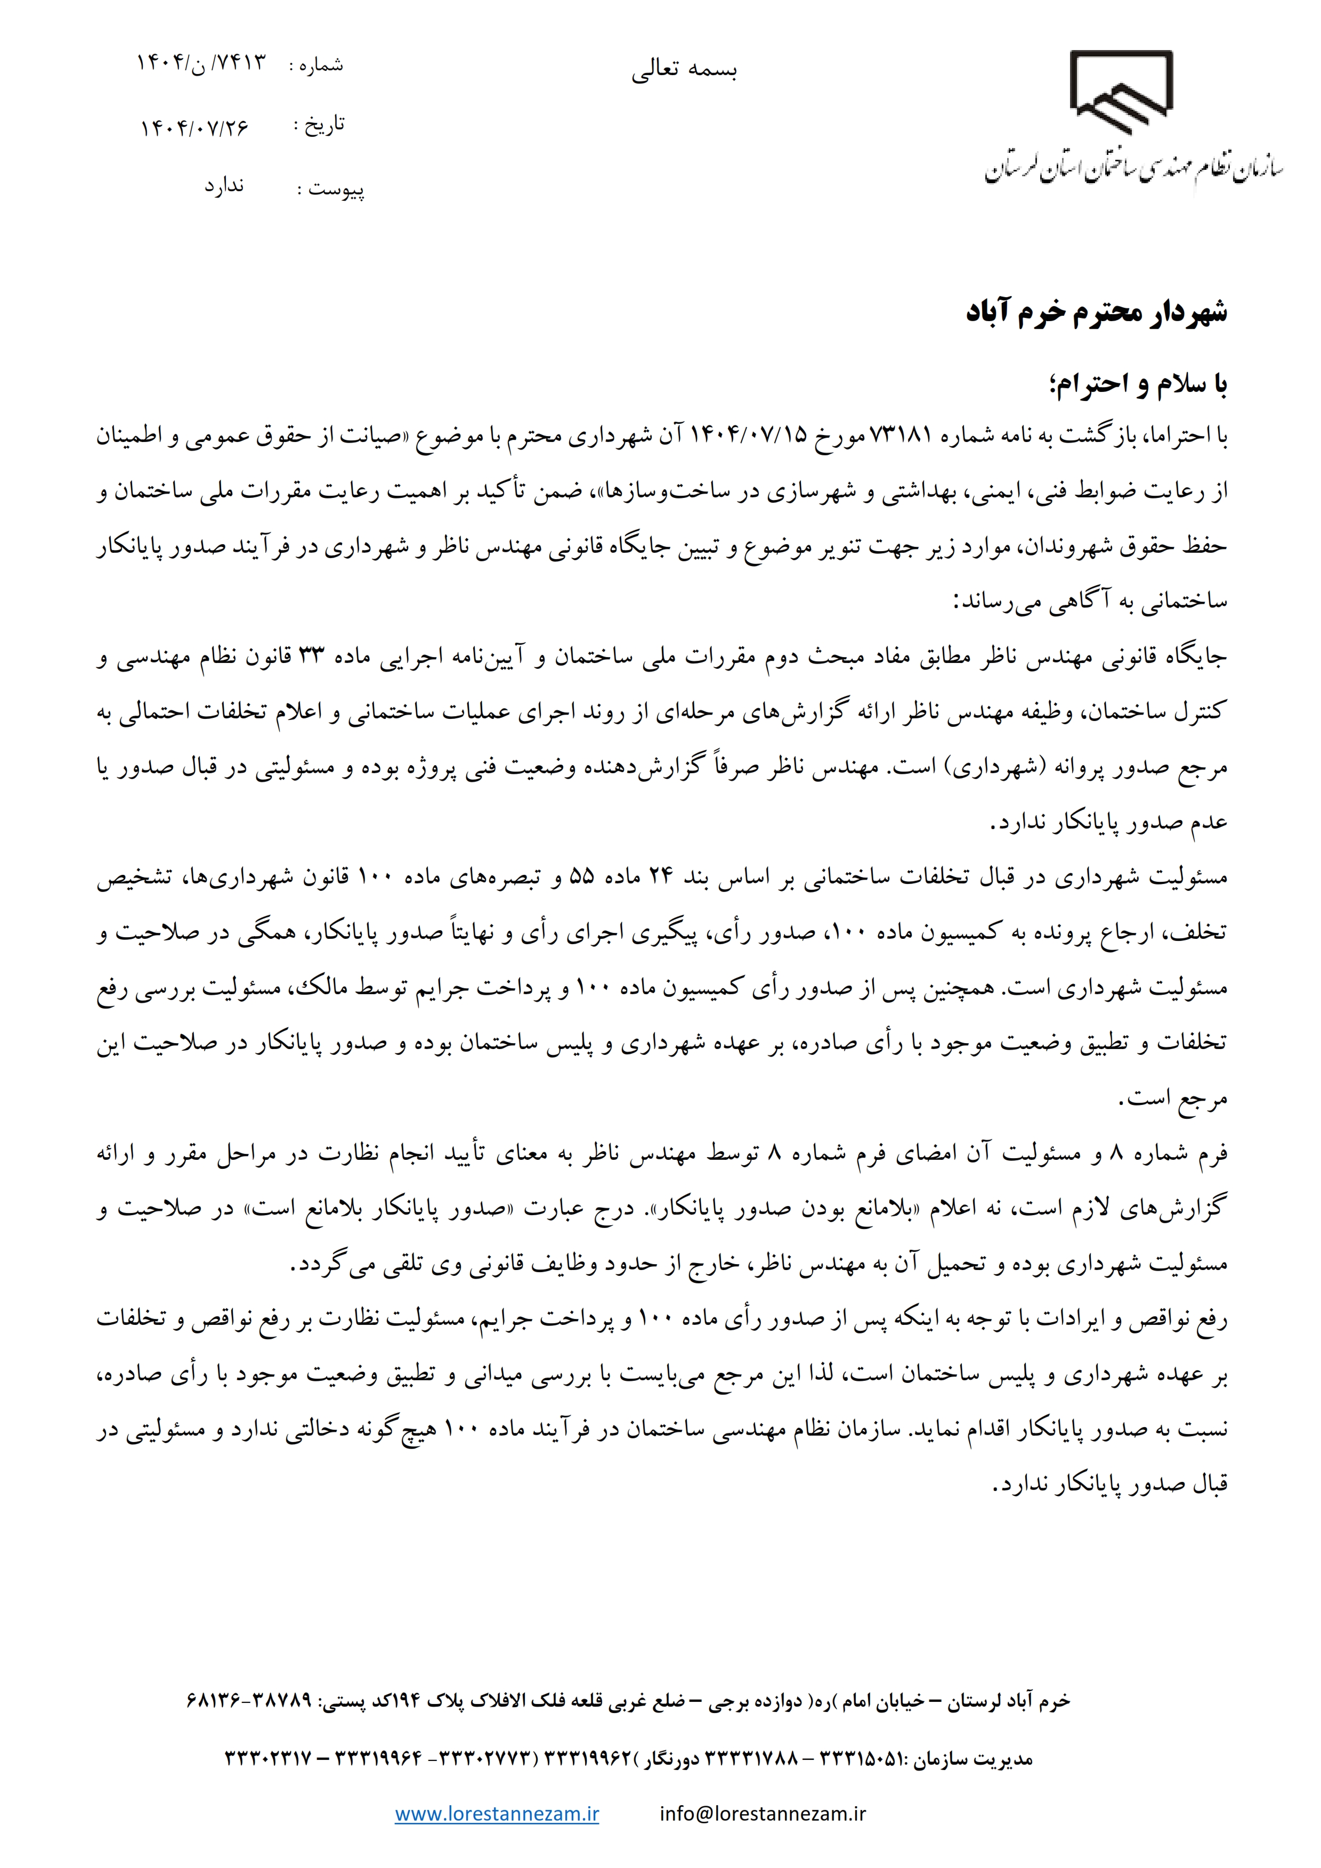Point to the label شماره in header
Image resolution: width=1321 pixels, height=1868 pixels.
point(321,65)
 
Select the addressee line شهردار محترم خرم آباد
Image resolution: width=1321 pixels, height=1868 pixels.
point(1096,313)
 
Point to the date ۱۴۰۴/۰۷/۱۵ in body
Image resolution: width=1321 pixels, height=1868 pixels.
point(748,436)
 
